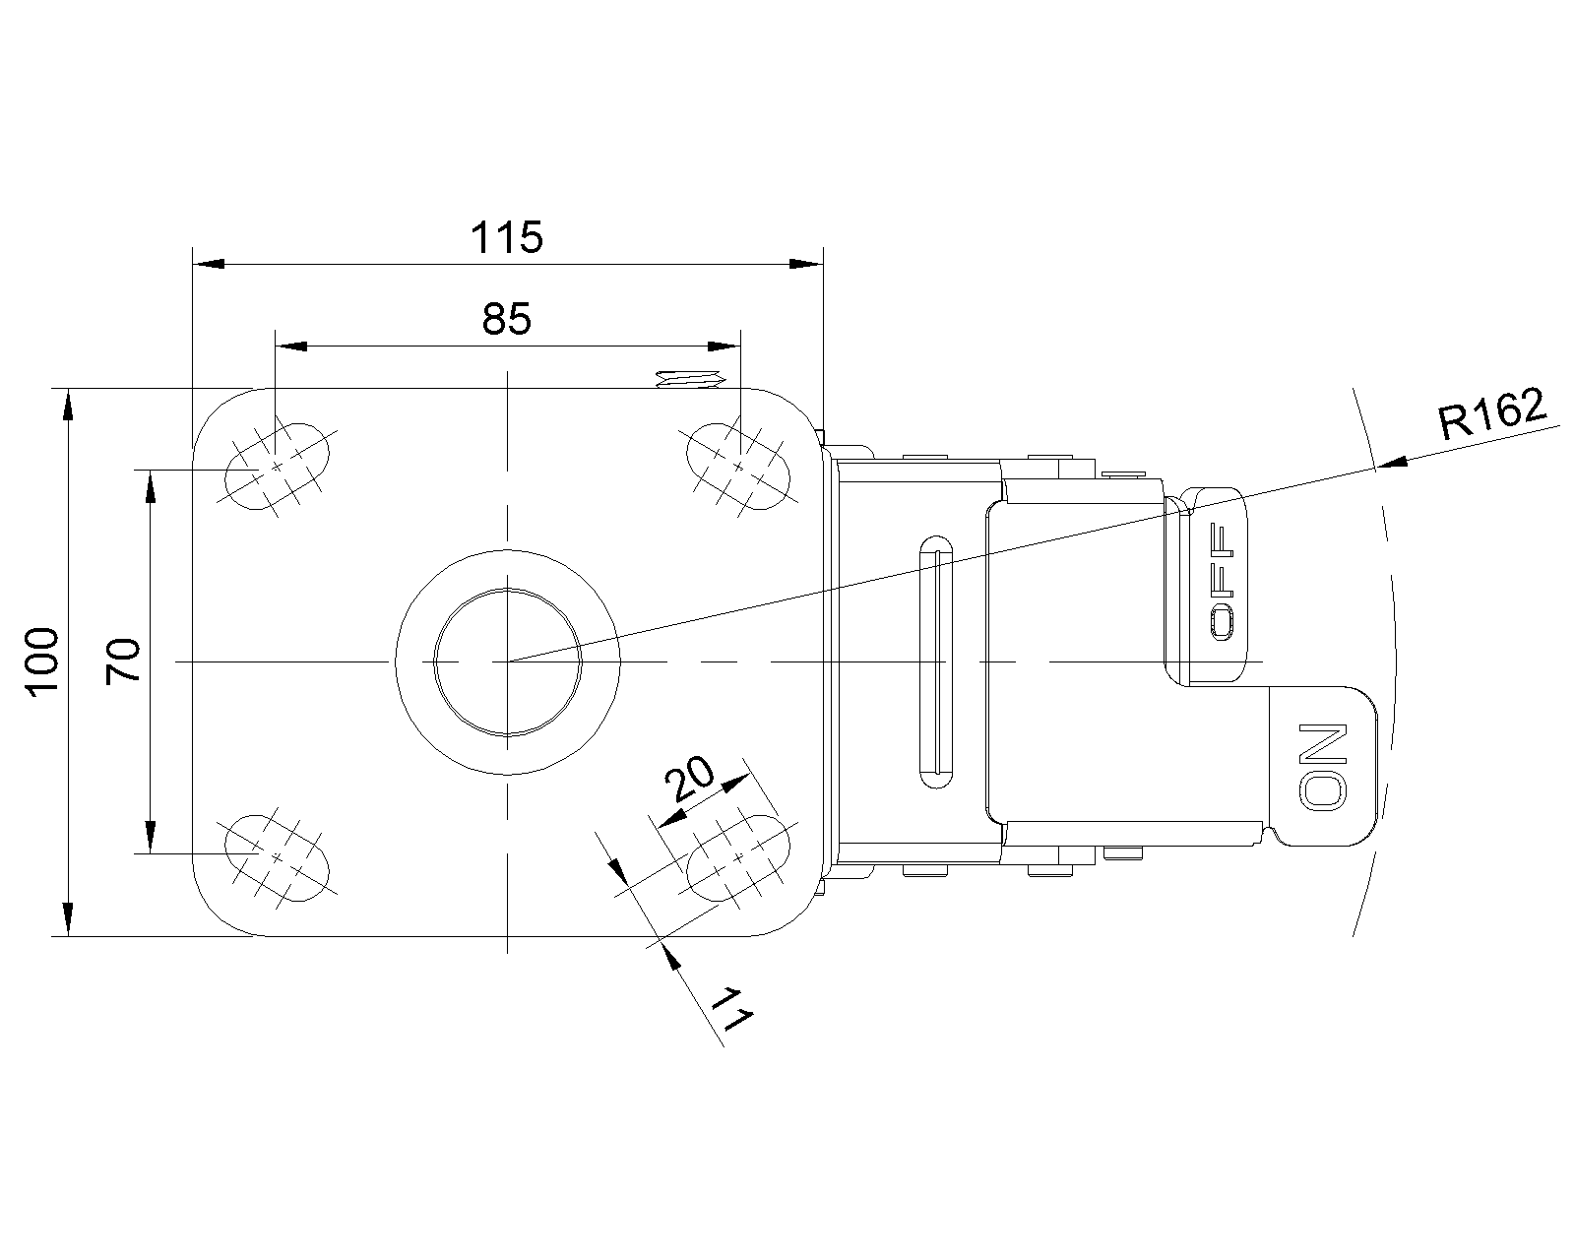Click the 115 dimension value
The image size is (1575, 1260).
pos(507,237)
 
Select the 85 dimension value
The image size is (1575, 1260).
pos(507,318)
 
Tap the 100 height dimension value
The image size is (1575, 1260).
pos(43,662)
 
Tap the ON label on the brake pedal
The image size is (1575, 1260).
pos(1323,767)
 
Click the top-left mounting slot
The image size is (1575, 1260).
pos(278,465)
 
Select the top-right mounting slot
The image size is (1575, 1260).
pos(737,465)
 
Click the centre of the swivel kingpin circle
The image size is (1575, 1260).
pos(507,661)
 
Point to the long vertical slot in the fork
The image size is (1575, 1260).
pos(936,661)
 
